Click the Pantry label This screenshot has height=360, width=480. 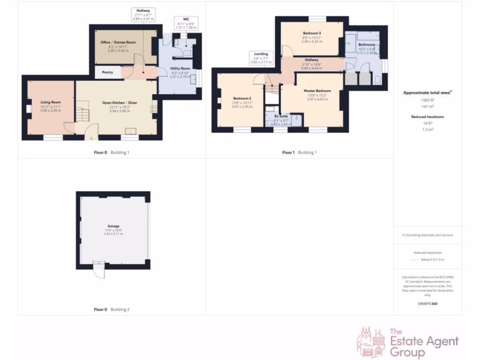tap(107, 72)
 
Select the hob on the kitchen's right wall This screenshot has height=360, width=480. tap(154, 109)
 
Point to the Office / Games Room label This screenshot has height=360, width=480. tap(118, 42)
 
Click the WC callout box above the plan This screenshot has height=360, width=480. tap(186, 22)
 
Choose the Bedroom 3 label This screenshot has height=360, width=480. tap(312, 33)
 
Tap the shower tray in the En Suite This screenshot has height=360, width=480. tap(296, 120)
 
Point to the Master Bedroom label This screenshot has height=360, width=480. tap(317, 90)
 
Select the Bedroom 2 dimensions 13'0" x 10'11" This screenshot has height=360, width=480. tap(242, 103)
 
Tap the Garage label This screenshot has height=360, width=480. tap(113, 226)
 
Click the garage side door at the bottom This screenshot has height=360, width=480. tap(99, 270)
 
